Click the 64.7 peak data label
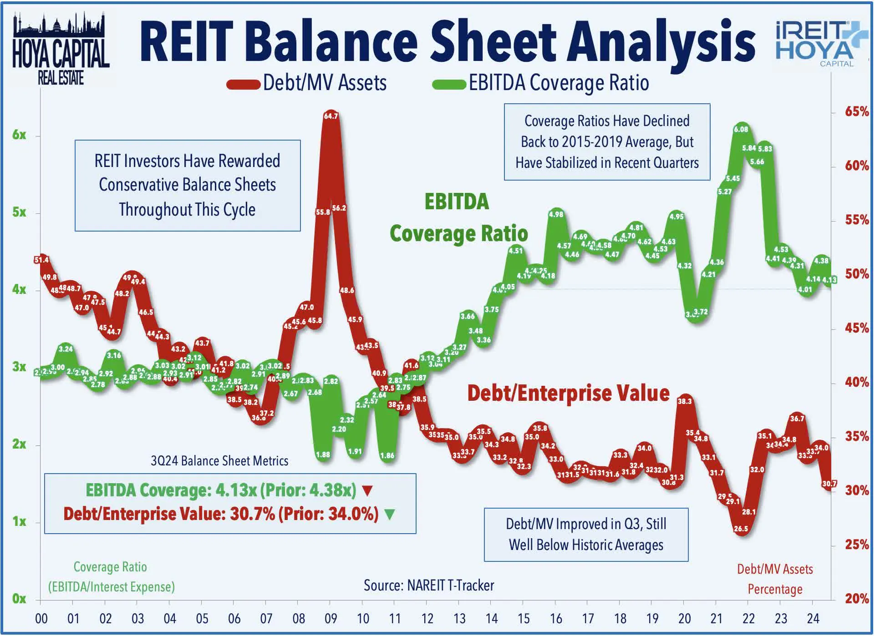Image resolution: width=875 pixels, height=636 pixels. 331,116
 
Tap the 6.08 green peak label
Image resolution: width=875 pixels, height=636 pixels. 741,129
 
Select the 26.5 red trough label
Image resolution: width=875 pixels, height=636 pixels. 741,529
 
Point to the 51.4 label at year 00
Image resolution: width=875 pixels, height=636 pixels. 41,260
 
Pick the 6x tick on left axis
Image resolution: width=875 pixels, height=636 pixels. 19,135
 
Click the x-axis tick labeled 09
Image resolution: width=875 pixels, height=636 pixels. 331,619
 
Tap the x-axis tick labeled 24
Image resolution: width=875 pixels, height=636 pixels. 813,619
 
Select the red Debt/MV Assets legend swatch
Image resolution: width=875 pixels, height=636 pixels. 243,84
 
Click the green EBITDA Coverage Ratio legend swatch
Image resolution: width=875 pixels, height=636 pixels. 449,84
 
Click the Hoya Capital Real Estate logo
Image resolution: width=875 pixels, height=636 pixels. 61,50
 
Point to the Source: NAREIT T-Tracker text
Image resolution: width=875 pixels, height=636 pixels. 428,586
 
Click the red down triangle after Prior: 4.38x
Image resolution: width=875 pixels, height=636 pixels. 367,490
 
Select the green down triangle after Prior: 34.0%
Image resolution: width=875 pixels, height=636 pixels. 390,515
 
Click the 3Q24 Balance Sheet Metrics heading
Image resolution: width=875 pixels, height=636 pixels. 219,461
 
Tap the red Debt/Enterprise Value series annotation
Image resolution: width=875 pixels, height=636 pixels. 568,393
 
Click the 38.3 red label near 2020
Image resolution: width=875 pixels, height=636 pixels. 684,401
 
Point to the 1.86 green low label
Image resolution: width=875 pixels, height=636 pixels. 387,455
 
